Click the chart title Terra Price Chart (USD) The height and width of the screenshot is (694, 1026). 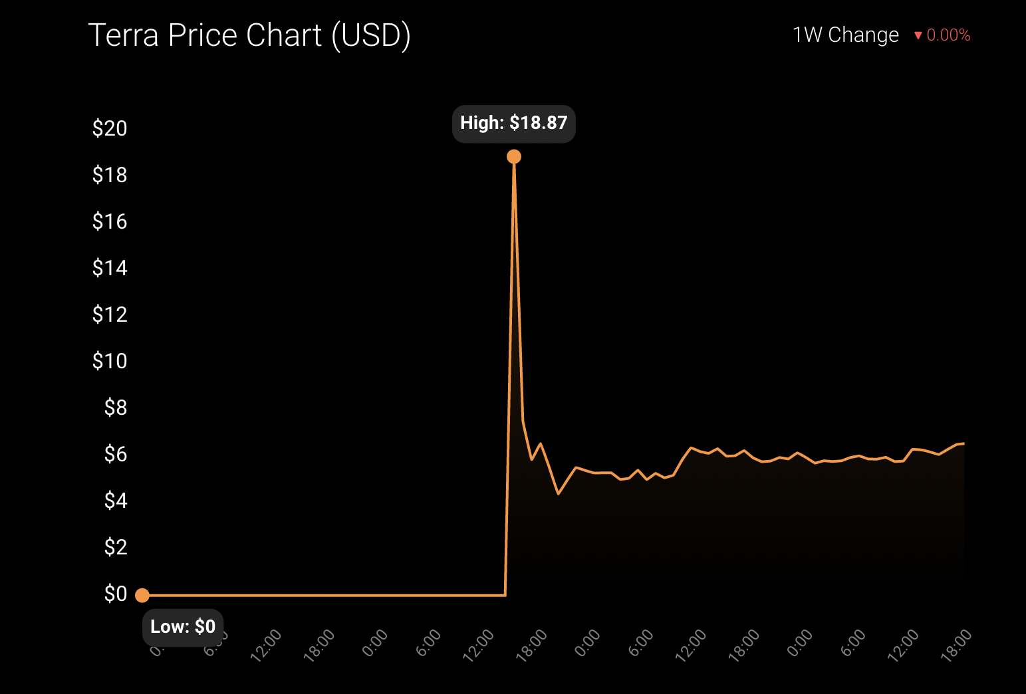click(249, 36)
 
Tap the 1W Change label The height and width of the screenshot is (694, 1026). click(845, 35)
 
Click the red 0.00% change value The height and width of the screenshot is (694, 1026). click(948, 35)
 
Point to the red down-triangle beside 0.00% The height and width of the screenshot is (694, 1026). click(918, 35)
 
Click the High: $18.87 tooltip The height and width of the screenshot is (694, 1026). click(513, 124)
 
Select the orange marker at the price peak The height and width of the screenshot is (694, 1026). click(514, 157)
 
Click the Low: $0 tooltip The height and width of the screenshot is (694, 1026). click(183, 627)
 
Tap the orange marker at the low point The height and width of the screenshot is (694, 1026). click(142, 595)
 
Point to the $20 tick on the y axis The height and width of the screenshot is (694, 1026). click(110, 128)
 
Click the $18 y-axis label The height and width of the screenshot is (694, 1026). click(110, 175)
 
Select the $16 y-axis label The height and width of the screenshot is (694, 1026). click(110, 221)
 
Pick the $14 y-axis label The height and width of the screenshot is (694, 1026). click(110, 268)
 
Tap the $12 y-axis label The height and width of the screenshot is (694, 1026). click(110, 314)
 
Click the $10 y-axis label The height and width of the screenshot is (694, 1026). click(110, 361)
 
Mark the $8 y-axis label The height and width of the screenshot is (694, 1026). click(115, 407)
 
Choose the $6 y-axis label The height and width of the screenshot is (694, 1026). click(115, 454)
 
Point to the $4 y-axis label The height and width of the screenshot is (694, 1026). click(115, 501)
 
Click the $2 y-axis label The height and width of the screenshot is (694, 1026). click(115, 547)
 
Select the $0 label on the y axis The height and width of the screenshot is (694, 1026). click(115, 594)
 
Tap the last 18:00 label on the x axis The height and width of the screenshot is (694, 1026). click(956, 645)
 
